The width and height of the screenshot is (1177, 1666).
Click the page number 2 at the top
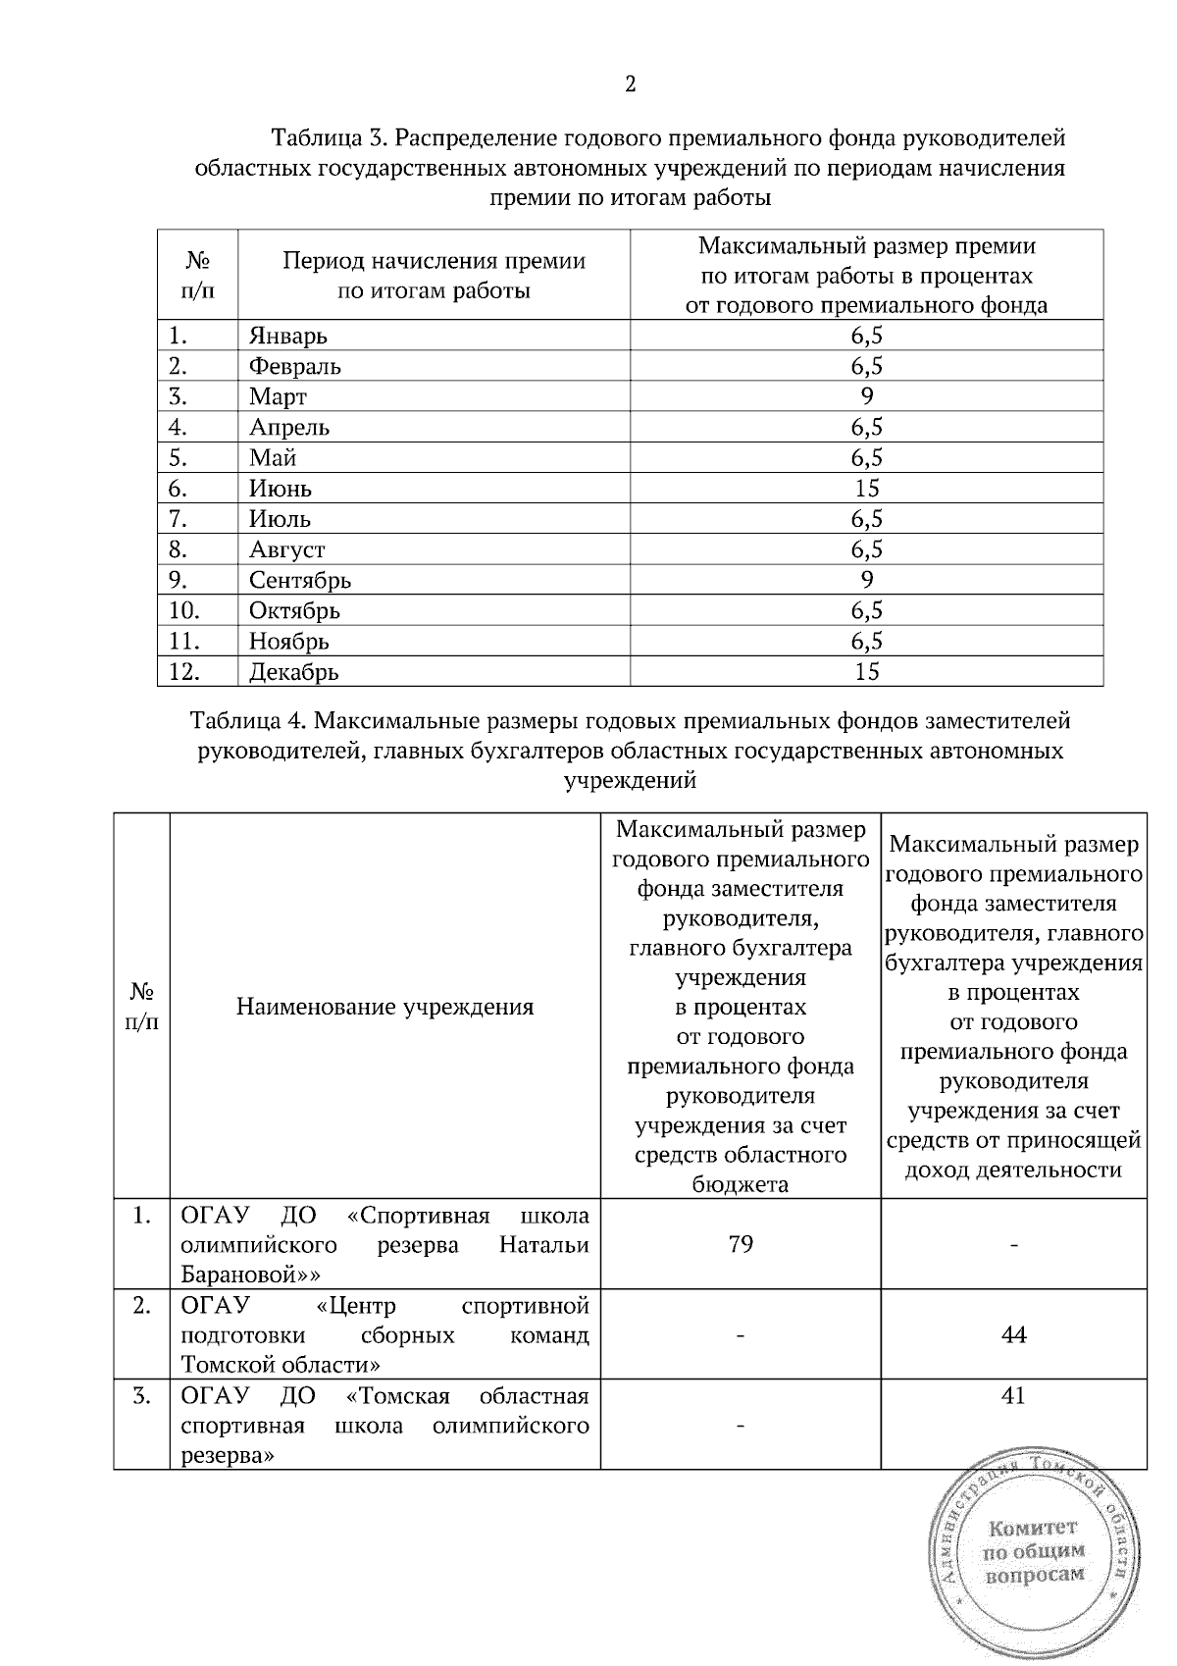pyautogui.click(x=631, y=85)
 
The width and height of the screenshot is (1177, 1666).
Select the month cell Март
pyautogui.click(x=278, y=397)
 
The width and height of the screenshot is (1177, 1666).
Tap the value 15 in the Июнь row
pyautogui.click(x=866, y=489)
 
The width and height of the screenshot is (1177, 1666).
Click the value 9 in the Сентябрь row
pyautogui.click(x=866, y=580)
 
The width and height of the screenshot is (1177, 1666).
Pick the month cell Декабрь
pyautogui.click(x=293, y=672)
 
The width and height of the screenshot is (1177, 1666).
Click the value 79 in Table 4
pyautogui.click(x=741, y=1244)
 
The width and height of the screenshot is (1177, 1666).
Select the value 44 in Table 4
pyautogui.click(x=1013, y=1334)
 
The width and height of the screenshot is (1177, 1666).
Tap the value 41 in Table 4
pyautogui.click(x=1013, y=1395)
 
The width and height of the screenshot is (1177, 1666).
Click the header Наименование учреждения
pyautogui.click(x=384, y=1007)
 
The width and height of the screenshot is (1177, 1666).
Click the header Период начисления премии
pyautogui.click(x=435, y=261)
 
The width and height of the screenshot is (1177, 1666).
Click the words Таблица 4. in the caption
pyautogui.click(x=249, y=721)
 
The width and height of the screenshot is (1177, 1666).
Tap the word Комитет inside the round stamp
pyautogui.click(x=1033, y=1528)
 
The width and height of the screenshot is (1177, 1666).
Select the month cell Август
pyautogui.click(x=286, y=549)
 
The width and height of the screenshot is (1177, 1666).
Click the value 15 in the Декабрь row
pyautogui.click(x=866, y=672)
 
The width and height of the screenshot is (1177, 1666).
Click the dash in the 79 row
pyautogui.click(x=1013, y=1245)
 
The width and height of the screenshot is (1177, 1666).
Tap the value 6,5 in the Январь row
pyautogui.click(x=866, y=337)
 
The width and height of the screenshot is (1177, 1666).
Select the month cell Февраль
pyautogui.click(x=294, y=367)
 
